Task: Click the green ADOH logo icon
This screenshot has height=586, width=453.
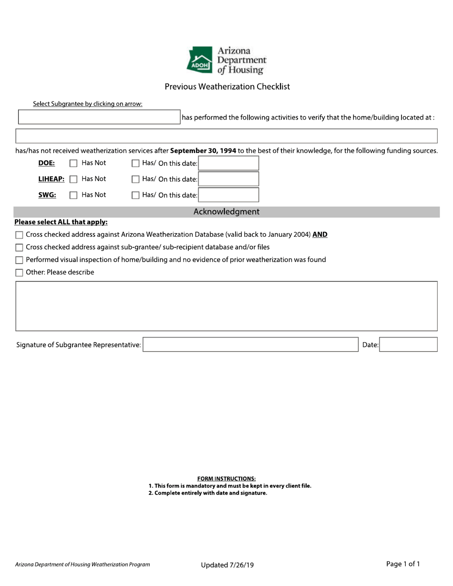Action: pos(199,60)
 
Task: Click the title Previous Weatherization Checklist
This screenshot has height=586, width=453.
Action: pos(227,87)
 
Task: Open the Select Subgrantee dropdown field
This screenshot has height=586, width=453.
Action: pos(99,117)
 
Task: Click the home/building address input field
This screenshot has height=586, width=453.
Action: pos(226,136)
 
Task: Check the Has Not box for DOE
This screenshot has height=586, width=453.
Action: pos(73,163)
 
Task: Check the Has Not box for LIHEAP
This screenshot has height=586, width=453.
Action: pos(73,179)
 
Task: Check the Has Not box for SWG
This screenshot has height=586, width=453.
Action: pos(73,195)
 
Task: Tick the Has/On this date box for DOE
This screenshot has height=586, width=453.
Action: pos(135,163)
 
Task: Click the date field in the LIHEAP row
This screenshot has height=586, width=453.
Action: pos(228,179)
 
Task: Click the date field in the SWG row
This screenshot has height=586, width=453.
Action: pos(228,195)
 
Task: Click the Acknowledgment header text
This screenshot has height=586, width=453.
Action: pos(226,212)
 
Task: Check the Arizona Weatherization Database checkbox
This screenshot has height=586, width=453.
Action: pos(19,235)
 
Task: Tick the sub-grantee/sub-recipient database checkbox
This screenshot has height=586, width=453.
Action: pos(19,247)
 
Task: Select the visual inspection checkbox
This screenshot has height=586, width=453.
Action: pos(19,260)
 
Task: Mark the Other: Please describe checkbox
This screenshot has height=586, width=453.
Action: pos(19,273)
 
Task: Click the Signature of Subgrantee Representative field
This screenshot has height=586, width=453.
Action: pos(250,344)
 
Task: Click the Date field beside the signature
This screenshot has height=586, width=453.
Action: pos(408,344)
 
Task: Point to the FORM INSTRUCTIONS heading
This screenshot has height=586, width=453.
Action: pos(226,478)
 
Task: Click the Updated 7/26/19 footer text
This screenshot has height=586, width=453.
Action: pos(227,565)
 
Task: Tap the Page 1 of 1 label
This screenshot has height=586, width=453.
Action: pos(403,564)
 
